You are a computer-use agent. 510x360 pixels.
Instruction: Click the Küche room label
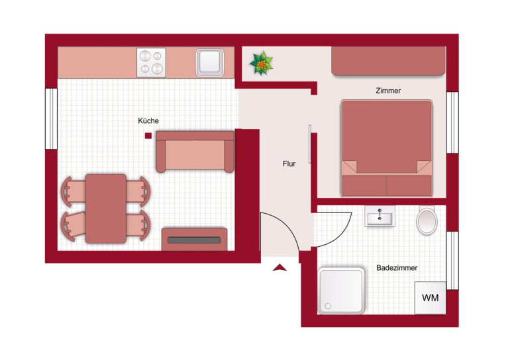click(148, 121)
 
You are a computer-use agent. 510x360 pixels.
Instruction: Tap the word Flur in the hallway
click(289, 163)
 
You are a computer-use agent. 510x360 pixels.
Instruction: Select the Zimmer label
click(388, 91)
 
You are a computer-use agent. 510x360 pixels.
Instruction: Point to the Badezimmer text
click(397, 268)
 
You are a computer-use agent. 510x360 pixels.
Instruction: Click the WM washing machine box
click(430, 298)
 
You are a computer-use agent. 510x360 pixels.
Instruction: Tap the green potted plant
click(261, 64)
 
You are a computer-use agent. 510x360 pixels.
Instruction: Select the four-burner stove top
click(151, 62)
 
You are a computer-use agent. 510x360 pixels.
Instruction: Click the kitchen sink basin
click(210, 63)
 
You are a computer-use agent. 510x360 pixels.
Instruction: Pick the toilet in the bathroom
click(427, 220)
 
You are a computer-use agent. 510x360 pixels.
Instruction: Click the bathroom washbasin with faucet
click(380, 216)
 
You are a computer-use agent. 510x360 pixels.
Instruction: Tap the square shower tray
click(341, 291)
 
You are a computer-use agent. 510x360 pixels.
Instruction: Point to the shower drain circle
click(328, 306)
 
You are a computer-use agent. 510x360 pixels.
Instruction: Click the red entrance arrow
click(280, 268)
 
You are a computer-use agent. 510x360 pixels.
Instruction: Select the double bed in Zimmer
click(387, 148)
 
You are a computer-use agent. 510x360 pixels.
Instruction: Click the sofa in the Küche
click(195, 152)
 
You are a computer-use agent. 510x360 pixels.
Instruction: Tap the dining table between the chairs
click(106, 208)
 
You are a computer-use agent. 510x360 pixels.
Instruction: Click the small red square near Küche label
click(148, 136)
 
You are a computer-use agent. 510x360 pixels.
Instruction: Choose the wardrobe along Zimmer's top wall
click(388, 61)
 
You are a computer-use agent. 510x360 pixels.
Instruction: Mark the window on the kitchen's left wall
click(51, 118)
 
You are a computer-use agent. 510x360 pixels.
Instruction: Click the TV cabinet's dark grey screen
click(194, 240)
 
